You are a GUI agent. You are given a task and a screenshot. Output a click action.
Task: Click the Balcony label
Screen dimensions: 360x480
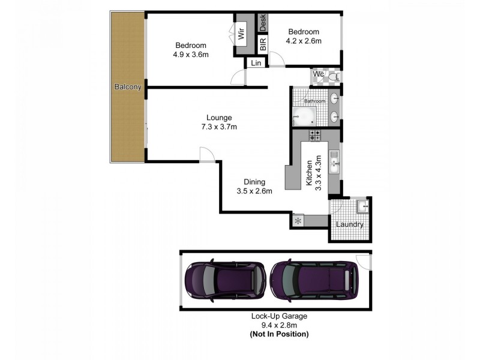pos(128,88)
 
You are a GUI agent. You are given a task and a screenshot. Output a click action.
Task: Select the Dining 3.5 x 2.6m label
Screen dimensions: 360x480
pos(254,187)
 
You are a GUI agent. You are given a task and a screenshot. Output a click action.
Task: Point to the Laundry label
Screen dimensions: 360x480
pos(350,224)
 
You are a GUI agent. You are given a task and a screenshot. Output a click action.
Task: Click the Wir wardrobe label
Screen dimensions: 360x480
pos(242,32)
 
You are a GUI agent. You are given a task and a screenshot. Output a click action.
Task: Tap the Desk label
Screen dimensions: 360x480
pos(263,23)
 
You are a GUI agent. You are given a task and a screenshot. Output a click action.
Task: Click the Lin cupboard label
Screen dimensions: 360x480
pos(256,63)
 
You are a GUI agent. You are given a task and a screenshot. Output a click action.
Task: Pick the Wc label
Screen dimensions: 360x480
pos(319,74)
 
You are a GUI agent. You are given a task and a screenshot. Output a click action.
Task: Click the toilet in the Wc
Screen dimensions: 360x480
pos(334,76)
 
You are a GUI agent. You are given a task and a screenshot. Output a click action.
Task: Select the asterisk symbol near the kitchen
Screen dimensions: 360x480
pos(298,221)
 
